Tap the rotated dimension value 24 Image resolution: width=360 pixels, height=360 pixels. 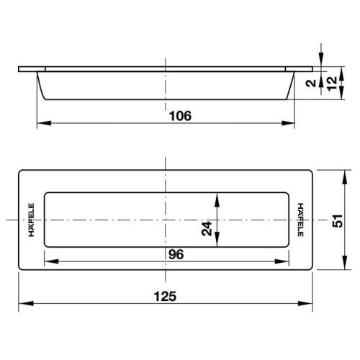click(x=207, y=229)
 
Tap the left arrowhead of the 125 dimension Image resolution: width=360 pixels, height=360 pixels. click(x=20, y=302)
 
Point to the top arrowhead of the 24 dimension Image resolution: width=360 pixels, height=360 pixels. click(x=218, y=196)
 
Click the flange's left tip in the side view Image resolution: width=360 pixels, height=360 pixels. click(x=19, y=69)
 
